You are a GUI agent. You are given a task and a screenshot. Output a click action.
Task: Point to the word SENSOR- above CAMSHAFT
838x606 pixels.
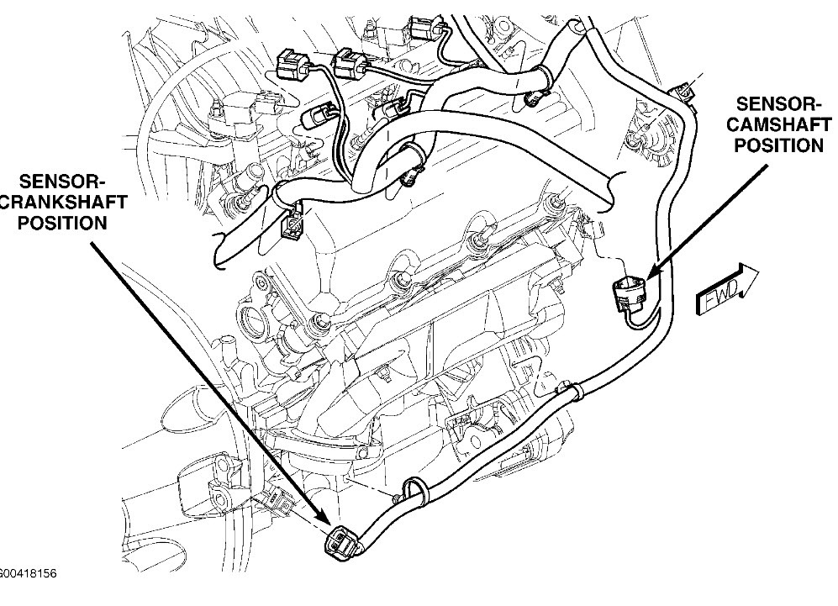(x=778, y=103)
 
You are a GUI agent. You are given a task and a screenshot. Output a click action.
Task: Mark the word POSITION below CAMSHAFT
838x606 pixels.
(x=779, y=145)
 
